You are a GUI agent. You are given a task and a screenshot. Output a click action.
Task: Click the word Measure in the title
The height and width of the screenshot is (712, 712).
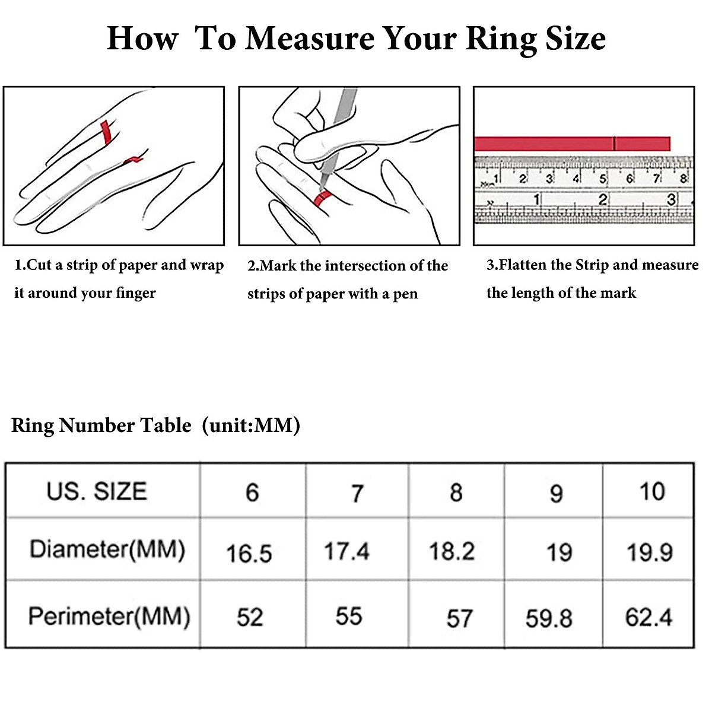click(x=310, y=39)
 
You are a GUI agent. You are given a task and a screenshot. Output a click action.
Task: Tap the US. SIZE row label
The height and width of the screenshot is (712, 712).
click(x=97, y=491)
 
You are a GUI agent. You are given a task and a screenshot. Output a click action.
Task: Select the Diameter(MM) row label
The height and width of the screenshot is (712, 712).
click(x=107, y=549)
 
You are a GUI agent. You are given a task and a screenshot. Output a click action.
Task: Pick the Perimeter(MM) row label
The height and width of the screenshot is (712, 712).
click(x=109, y=616)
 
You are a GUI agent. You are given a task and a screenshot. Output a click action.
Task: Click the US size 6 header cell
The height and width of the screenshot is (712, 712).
click(x=252, y=492)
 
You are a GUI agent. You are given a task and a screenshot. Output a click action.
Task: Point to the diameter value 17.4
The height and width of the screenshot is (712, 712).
click(x=347, y=551)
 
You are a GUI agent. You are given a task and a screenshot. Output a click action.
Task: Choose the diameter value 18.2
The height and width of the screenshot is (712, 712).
click(x=452, y=551)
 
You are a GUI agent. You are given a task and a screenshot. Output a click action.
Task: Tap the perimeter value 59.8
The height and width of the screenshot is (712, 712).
click(x=549, y=618)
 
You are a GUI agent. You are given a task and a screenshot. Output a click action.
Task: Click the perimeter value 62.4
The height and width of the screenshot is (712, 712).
click(x=649, y=617)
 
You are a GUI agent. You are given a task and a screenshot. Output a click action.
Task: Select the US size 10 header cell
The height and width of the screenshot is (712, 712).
click(x=651, y=491)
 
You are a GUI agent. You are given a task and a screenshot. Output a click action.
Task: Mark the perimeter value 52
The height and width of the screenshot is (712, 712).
click(x=249, y=617)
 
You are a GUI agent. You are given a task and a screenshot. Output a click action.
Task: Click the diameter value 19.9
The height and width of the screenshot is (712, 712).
click(x=650, y=553)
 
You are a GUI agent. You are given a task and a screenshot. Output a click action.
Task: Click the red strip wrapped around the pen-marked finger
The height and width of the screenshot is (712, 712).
click(x=323, y=198)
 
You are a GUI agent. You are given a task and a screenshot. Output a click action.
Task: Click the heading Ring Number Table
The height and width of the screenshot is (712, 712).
click(x=101, y=425)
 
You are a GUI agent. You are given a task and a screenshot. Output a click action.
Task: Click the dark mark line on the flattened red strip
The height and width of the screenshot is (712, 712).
click(x=614, y=144)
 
